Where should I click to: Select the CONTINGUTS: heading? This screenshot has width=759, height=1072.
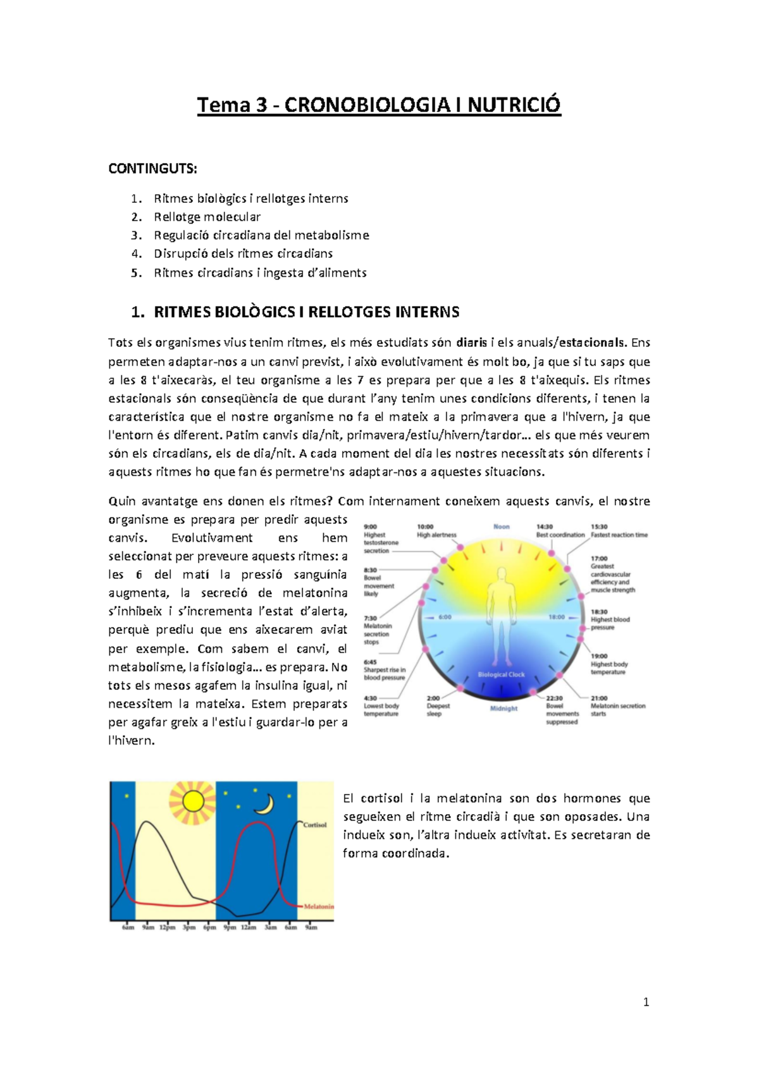click(153, 169)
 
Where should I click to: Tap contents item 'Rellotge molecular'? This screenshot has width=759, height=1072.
click(207, 217)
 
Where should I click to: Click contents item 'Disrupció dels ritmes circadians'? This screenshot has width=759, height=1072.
click(243, 253)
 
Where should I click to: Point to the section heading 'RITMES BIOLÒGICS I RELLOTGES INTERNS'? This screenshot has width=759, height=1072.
click(306, 312)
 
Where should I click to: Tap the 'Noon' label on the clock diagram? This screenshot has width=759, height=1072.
click(502, 527)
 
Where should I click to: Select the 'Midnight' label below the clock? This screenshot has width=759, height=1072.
click(503, 709)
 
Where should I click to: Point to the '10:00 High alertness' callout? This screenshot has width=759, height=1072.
click(436, 531)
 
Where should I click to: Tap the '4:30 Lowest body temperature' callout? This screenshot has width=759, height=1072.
click(381, 706)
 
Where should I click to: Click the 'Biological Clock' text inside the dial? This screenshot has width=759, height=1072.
click(501, 674)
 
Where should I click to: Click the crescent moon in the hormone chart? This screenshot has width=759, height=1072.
click(264, 805)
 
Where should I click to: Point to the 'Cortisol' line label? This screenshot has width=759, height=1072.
click(314, 825)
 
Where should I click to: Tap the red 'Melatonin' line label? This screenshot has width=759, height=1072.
click(319, 906)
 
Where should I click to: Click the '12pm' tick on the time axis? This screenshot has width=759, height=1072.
click(167, 927)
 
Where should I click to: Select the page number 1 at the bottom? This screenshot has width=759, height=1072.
click(646, 1002)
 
